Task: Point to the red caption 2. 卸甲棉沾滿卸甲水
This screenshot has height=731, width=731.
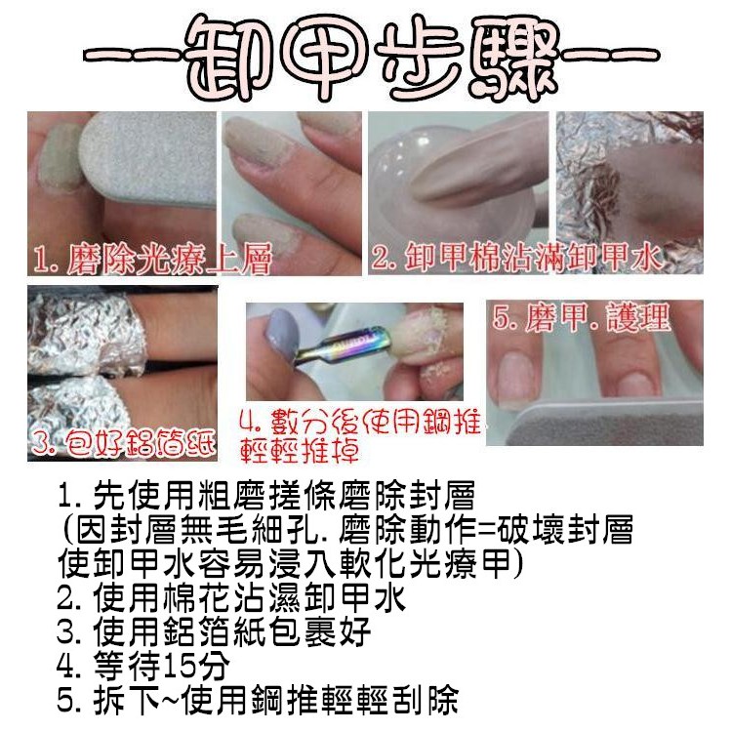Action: point(516,257)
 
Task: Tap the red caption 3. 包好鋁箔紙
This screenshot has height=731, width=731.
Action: point(124,443)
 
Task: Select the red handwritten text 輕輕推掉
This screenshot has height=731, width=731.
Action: point(300,450)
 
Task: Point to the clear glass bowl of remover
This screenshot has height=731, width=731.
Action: point(420,178)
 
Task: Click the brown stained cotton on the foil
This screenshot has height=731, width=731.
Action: point(600,196)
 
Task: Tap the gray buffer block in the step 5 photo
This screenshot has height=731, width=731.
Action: point(606,422)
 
